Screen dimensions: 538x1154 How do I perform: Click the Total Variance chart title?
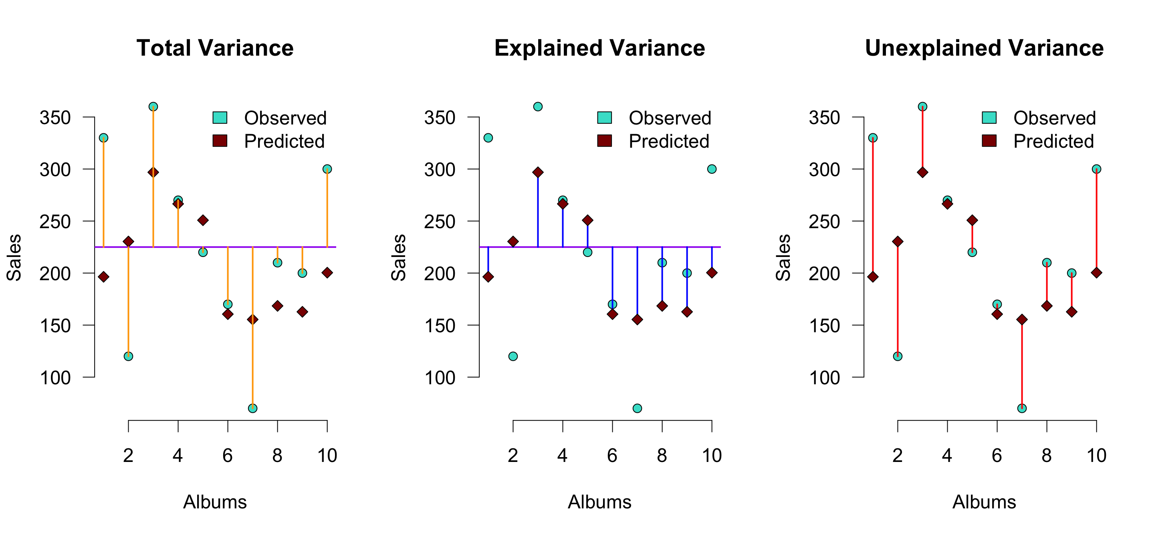[x=215, y=48]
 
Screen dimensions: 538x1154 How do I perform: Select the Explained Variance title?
[x=599, y=48]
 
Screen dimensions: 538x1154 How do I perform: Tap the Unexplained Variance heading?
[x=984, y=48]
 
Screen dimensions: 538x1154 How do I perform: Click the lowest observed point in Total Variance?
[x=253, y=408]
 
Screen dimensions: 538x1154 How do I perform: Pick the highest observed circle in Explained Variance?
[x=538, y=106]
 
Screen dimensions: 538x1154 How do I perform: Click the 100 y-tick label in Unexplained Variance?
[x=824, y=378]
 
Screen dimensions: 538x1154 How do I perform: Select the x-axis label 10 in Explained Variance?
[x=711, y=456]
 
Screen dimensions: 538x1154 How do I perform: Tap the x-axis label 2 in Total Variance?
[x=128, y=456]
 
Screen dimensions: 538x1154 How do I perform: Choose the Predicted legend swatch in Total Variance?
[x=220, y=141]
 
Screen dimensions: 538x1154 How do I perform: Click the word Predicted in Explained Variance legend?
[x=669, y=141]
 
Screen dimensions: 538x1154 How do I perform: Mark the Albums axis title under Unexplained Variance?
[x=984, y=502]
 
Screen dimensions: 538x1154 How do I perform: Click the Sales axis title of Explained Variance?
[x=398, y=257]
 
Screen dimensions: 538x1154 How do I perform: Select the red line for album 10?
[x=1096, y=219]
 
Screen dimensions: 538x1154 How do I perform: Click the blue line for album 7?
[x=638, y=282]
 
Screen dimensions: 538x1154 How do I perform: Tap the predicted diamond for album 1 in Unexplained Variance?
[x=873, y=277]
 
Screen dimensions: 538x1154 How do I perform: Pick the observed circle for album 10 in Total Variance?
[x=327, y=169]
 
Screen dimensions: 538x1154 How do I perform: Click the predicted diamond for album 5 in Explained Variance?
[x=588, y=220]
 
